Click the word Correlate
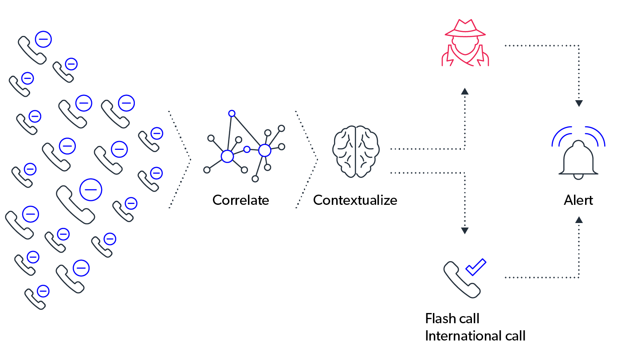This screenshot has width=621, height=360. (240, 200)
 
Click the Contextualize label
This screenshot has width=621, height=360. (355, 200)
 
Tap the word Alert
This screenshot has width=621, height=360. (578, 200)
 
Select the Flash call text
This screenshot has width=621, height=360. (452, 318)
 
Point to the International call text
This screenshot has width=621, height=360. (475, 336)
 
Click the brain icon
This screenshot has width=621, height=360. (356, 152)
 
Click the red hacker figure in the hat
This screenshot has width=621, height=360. (465, 43)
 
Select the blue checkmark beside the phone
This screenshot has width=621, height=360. (476, 267)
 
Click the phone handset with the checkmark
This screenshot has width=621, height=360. (462, 280)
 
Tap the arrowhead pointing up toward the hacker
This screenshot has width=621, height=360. (465, 91)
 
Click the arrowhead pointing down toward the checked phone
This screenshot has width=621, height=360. (465, 231)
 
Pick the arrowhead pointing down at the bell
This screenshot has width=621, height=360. (579, 103)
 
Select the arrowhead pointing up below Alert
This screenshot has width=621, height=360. (579, 220)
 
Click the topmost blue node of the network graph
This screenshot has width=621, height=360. (232, 113)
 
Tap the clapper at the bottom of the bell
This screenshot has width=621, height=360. (578, 177)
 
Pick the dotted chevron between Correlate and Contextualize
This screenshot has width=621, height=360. (307, 159)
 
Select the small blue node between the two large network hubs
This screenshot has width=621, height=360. (247, 150)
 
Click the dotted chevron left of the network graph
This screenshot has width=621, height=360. (180, 159)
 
